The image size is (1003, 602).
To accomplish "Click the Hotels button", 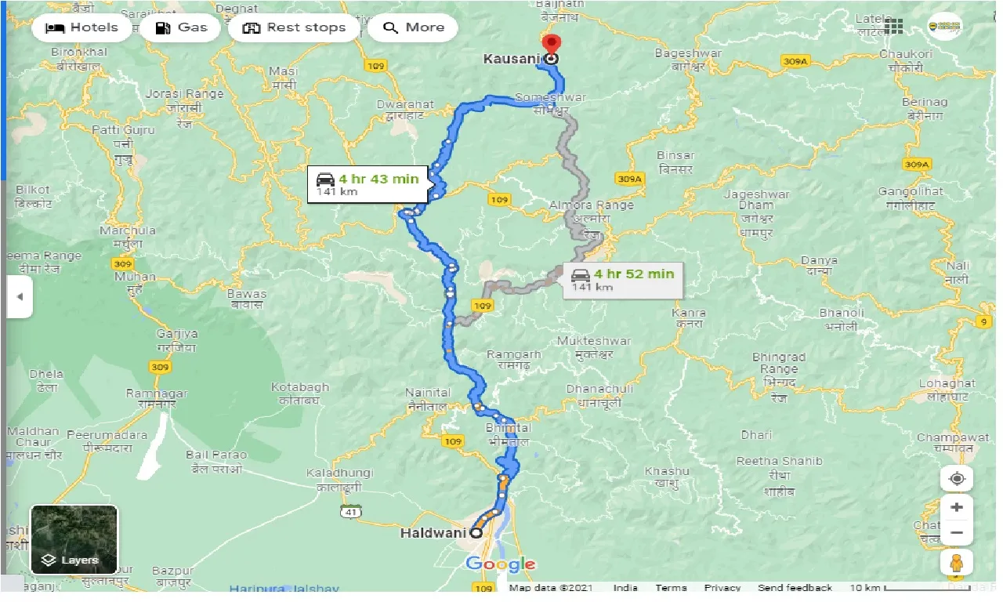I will coord(81,27).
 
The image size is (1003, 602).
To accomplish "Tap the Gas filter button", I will coord(181,27).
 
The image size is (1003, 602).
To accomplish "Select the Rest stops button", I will coord(294,27).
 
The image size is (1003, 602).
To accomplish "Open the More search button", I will coord(413,27).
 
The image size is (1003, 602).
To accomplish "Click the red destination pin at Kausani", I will coord(552,45).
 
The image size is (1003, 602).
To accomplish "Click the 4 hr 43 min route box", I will coord(368,183).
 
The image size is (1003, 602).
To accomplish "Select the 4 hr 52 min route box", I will coord(623,278).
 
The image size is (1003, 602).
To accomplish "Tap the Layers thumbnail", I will coord(74,539).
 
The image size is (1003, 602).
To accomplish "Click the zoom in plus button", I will coord(957,507).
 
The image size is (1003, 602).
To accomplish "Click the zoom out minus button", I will coord(957,534).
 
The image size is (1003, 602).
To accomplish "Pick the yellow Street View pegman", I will coord(957,563).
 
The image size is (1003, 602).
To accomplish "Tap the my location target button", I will coord(957,478).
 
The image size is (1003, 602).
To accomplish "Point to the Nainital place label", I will coord(428,393).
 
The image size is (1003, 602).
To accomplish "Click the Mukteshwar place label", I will coord(593,341).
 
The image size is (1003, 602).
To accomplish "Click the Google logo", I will coord(501,564).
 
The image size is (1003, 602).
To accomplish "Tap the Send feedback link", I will coord(795,588).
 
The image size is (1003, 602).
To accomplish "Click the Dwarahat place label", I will coord(404,103).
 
